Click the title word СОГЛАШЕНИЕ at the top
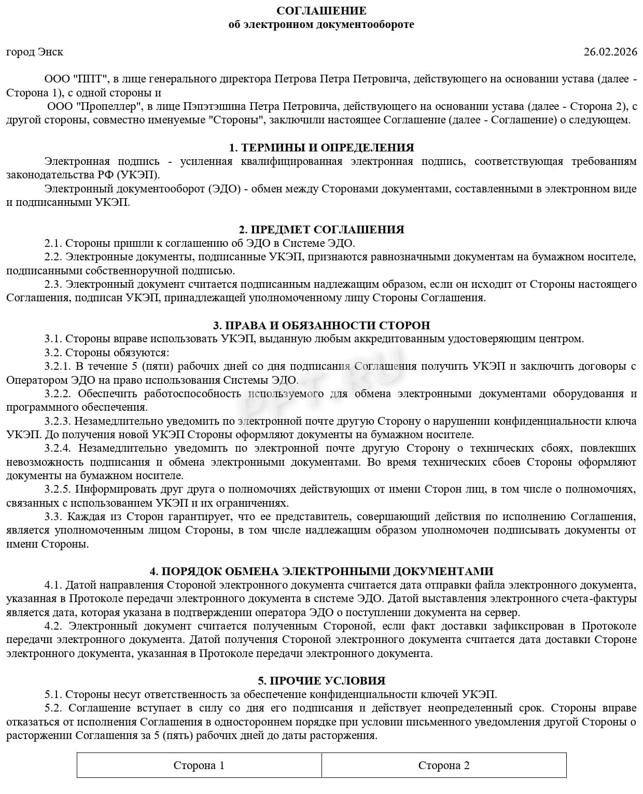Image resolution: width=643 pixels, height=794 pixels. (321, 11)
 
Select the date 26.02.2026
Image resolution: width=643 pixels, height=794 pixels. (610, 52)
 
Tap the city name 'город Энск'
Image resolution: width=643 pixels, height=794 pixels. (35, 52)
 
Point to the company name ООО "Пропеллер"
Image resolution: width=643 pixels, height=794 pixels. (95, 107)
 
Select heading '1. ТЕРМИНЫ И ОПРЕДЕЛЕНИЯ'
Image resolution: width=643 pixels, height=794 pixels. (321, 148)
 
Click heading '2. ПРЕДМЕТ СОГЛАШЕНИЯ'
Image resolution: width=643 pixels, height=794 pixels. (321, 230)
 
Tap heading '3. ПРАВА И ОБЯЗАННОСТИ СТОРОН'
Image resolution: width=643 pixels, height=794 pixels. (321, 326)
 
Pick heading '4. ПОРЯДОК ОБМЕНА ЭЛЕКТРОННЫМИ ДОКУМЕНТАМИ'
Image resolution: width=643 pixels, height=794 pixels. (321, 572)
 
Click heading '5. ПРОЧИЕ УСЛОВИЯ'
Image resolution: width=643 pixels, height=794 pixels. (321, 681)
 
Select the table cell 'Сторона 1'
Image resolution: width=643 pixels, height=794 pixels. (199, 765)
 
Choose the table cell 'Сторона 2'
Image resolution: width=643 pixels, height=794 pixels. (444, 765)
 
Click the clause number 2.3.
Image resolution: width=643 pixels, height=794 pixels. (53, 284)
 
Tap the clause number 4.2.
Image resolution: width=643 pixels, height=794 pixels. (53, 626)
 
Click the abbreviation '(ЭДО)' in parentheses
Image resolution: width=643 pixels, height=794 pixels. (226, 189)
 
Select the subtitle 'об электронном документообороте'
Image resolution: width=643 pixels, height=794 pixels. (321, 24)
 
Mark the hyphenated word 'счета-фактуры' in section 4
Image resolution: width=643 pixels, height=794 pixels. (602, 599)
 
